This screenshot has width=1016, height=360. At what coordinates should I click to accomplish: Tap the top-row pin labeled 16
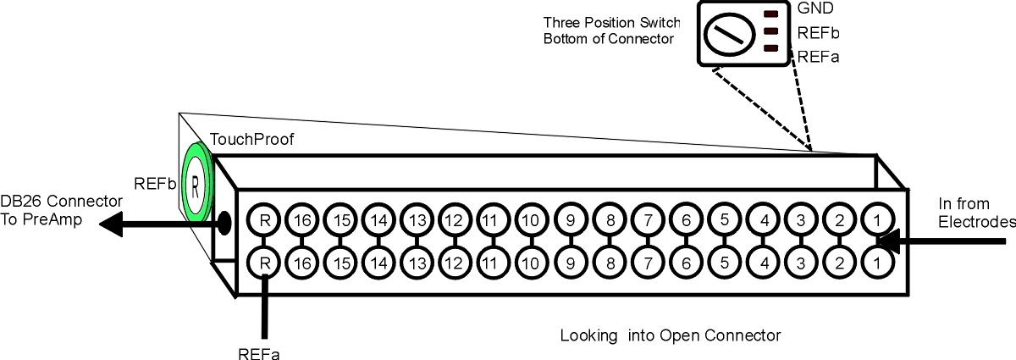(x=302, y=220)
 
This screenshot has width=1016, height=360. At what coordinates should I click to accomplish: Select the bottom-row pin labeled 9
(x=571, y=263)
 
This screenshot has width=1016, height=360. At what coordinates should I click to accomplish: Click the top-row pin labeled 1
(x=877, y=220)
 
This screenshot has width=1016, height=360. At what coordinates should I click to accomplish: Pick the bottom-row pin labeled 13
(x=417, y=263)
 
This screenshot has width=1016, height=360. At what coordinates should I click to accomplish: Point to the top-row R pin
(x=264, y=220)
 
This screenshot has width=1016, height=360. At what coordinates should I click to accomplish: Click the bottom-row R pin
(x=264, y=263)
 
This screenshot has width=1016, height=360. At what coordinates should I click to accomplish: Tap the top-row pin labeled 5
(x=725, y=220)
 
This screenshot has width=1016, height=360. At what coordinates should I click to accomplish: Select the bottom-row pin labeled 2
(x=839, y=263)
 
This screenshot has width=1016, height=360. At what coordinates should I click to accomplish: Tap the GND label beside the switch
(x=815, y=8)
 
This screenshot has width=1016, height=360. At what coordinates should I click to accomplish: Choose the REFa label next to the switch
(x=818, y=57)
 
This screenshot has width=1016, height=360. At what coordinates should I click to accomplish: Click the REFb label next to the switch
(x=818, y=33)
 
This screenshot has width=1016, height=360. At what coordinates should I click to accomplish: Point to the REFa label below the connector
(x=259, y=353)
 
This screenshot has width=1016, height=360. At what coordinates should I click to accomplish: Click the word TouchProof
(x=251, y=139)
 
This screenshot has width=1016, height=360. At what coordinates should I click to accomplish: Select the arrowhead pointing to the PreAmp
(x=111, y=224)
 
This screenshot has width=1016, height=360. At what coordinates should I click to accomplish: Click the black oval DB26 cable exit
(x=224, y=223)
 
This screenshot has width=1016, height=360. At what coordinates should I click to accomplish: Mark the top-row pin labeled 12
(x=455, y=220)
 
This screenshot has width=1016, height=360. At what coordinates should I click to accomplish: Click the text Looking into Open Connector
(x=671, y=335)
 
